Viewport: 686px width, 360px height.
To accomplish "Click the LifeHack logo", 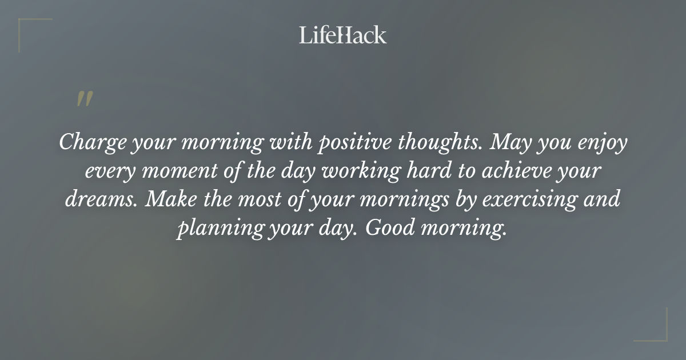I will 343,35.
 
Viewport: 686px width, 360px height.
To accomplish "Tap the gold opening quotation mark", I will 84,99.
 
